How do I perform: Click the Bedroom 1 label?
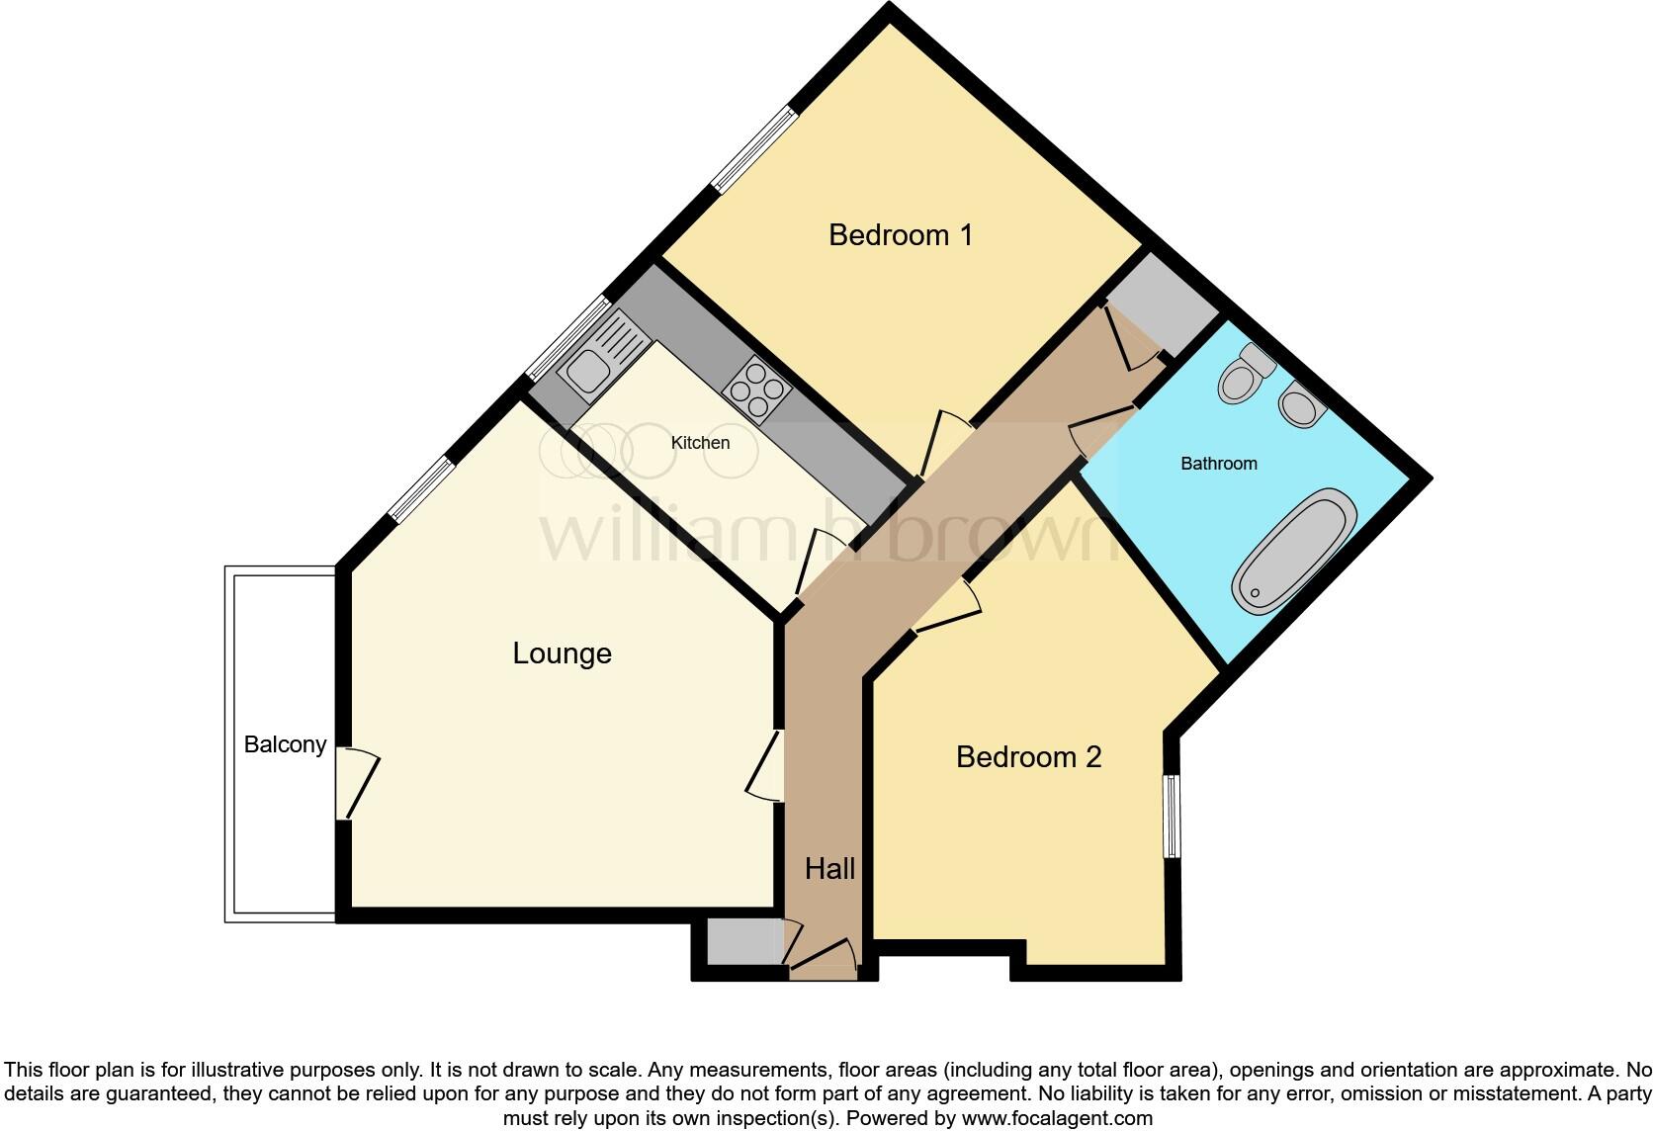coord(900,235)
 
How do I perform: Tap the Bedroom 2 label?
coord(1028,757)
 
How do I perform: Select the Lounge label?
coord(562,653)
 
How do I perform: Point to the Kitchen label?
coord(700,443)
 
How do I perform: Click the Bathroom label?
coord(1218,464)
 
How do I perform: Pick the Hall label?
coord(829,869)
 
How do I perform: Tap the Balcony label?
coord(285,744)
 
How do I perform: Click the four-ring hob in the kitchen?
coord(757,391)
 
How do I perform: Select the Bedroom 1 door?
coord(944,445)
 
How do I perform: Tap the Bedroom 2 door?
coord(945,609)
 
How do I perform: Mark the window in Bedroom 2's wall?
coord(1171,817)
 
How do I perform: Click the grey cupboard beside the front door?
coord(743,940)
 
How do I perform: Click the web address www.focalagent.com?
coord(1057,1118)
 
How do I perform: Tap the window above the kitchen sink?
coord(568,338)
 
